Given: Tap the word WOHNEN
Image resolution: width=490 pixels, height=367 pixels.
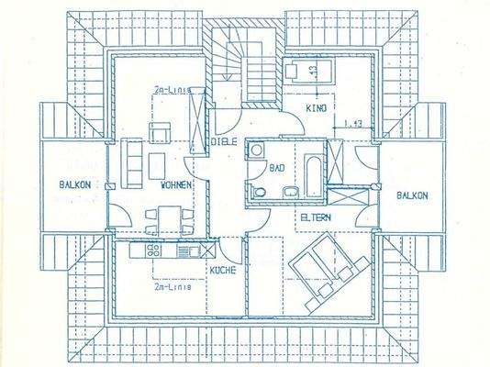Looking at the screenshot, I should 175,184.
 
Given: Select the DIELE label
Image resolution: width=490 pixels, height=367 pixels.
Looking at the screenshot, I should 224,142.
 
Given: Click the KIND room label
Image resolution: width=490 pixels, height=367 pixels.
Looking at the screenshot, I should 316,108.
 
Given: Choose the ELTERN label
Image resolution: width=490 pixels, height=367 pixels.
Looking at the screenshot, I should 315,217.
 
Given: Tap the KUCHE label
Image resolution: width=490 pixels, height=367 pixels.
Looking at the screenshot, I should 222,270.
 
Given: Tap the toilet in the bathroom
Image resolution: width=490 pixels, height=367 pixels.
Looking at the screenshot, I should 260,190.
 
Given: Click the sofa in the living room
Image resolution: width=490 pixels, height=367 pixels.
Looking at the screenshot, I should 130,162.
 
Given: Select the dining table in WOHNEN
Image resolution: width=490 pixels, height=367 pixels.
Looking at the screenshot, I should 166,219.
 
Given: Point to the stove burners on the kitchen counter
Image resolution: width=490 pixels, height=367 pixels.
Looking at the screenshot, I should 153,249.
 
